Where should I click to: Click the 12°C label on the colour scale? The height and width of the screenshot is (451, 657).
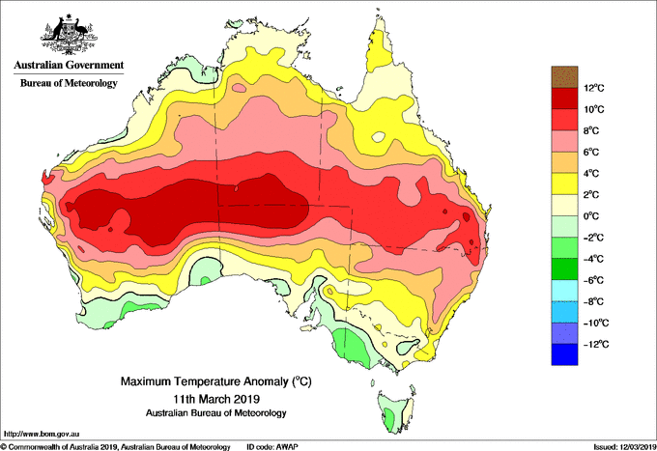pos(594,88)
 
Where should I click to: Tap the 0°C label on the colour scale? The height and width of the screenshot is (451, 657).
pos(591,216)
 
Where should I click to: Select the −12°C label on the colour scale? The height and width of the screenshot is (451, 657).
pos(596,344)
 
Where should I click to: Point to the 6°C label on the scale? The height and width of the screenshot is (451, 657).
pos(591,152)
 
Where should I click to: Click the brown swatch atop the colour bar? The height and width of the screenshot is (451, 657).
pos(564,77)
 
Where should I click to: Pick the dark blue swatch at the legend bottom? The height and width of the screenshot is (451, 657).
pos(564,354)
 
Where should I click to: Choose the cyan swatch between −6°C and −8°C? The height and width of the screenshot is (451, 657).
pos(564,291)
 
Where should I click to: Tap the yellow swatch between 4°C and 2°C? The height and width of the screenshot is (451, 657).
pos(564,183)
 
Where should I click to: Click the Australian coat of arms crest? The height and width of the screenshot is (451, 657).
pos(69,35)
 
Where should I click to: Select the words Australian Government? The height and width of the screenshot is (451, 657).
pos(69,65)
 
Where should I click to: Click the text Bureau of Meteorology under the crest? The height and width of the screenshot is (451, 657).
pos(69,83)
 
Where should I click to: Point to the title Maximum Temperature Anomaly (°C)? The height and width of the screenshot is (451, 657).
pos(216,381)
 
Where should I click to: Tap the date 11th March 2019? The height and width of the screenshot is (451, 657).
pos(216,398)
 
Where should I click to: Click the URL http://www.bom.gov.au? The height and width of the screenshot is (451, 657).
pos(42,435)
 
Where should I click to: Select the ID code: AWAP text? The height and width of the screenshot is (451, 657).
pos(272,447)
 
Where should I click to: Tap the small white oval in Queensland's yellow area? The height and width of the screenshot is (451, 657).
pos(379,136)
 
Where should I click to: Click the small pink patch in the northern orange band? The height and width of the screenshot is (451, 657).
pos(239,88)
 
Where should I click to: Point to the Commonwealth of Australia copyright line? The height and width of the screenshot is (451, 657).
pos(116,447)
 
